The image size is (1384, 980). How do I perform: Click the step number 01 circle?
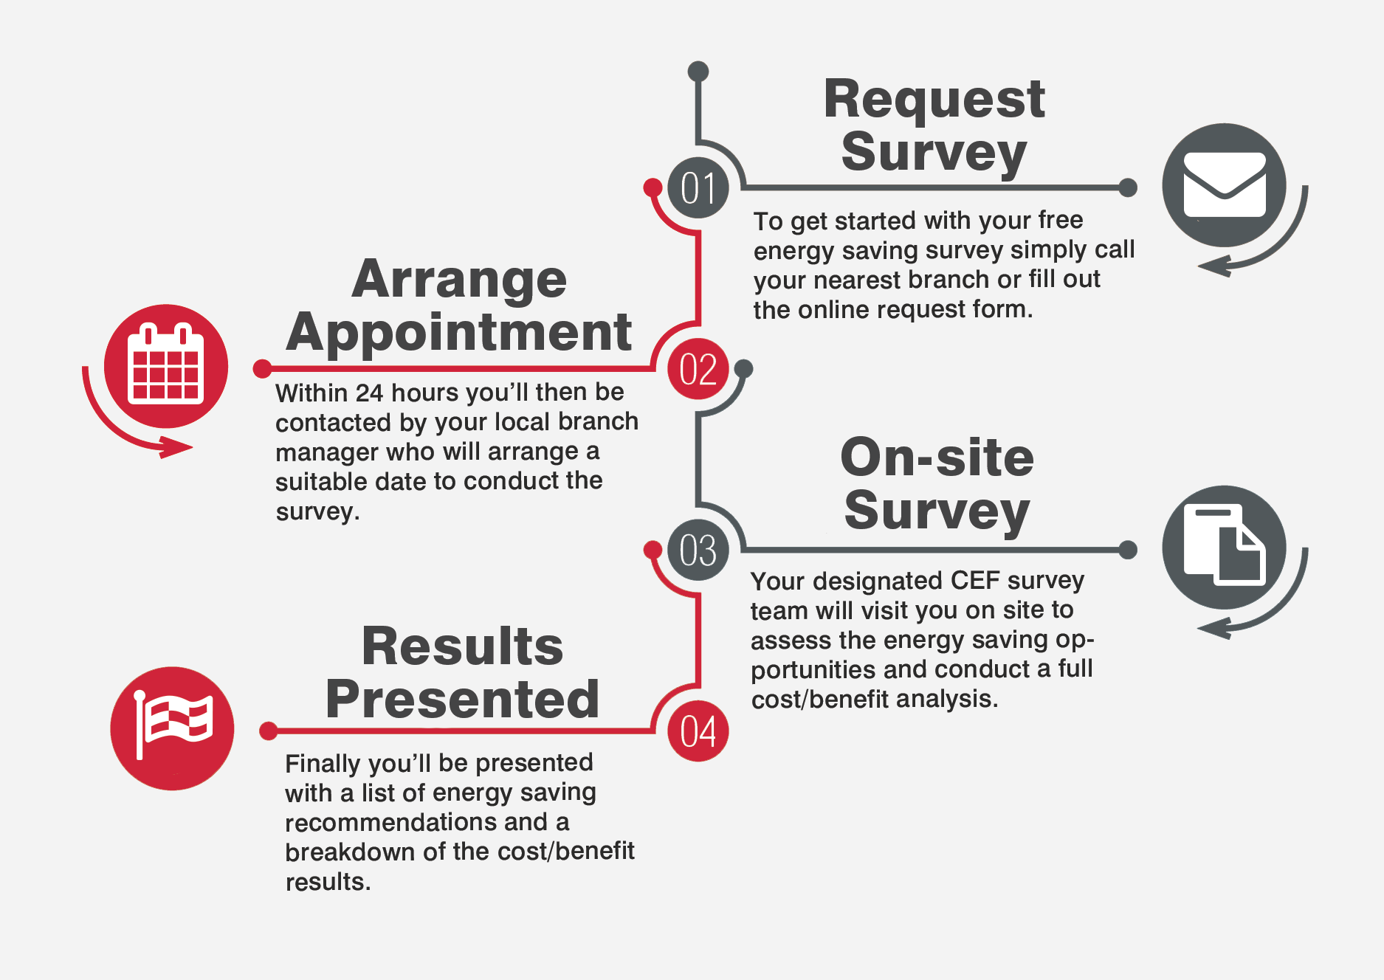tap(698, 187)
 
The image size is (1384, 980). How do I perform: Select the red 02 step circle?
tap(698, 369)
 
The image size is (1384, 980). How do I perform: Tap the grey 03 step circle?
tap(698, 550)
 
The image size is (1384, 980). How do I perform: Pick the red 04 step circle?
tap(698, 731)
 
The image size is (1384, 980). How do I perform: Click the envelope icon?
tap(1225, 184)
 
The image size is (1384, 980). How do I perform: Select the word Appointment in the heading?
tap(459, 332)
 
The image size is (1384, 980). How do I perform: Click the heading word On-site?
tap(937, 457)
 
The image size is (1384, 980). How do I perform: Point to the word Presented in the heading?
tap(462, 698)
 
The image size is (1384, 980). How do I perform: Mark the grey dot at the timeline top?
tap(698, 71)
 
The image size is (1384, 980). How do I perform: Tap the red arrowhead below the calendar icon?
tap(176, 447)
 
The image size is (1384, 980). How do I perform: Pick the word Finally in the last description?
tap(323, 764)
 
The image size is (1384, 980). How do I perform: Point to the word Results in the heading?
tap(462, 646)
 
